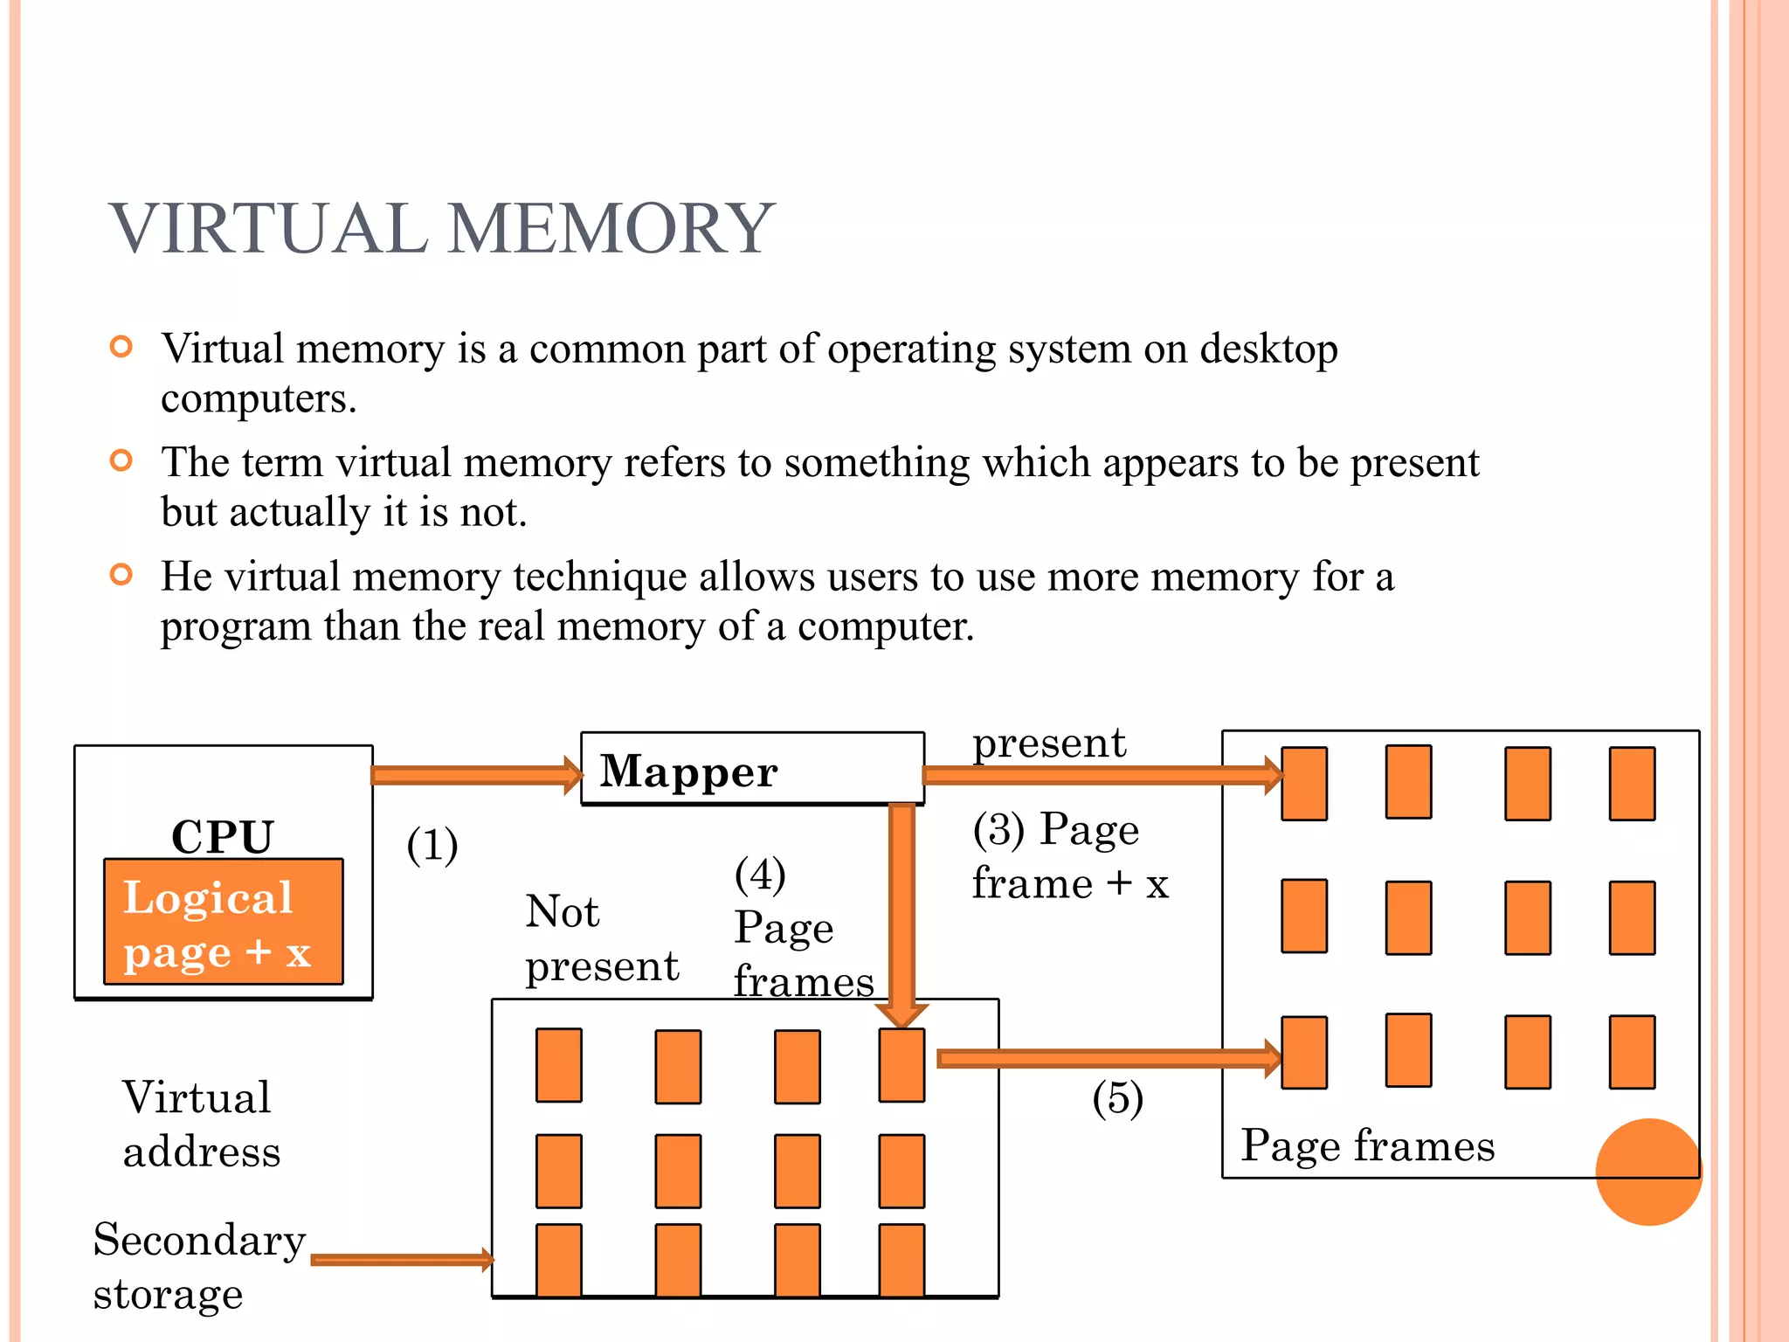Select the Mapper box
click(x=751, y=769)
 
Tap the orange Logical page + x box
click(x=224, y=922)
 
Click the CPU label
click(x=223, y=836)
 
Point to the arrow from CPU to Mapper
click(x=476, y=775)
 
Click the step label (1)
click(x=432, y=845)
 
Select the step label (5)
click(x=1117, y=1098)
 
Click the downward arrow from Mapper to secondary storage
click(x=901, y=909)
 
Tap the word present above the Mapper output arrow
click(x=1049, y=744)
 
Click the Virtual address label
click(x=200, y=1124)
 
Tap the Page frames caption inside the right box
click(x=1367, y=1145)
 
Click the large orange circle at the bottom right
click(x=1647, y=1172)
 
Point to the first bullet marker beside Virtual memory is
click(x=121, y=347)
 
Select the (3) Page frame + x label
click(x=1069, y=856)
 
